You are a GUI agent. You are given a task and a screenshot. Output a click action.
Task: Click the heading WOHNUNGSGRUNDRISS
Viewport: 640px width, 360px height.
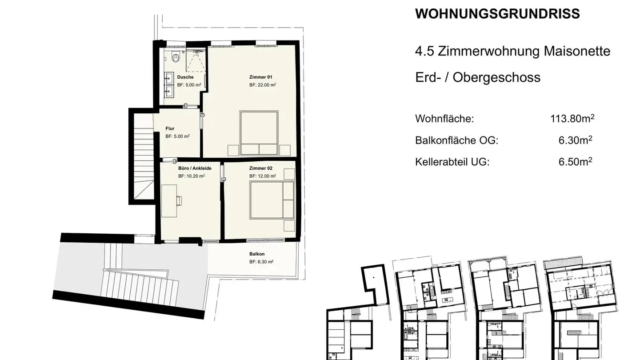click(x=497, y=14)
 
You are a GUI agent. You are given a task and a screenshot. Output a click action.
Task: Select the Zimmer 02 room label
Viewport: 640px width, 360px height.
click(x=260, y=168)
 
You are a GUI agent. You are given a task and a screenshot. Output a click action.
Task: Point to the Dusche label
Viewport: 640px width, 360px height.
click(x=185, y=77)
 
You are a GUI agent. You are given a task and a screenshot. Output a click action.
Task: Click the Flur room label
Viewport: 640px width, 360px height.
click(x=170, y=129)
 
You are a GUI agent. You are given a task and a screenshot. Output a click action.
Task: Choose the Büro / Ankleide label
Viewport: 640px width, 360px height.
click(x=195, y=168)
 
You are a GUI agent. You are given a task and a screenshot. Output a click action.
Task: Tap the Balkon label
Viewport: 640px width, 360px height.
click(x=257, y=254)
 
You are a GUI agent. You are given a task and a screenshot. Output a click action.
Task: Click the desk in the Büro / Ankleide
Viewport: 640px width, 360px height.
click(x=168, y=201)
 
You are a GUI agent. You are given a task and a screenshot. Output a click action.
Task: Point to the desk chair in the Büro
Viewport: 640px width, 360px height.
click(x=180, y=201)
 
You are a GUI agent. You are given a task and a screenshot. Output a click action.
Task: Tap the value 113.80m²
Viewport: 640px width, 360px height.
click(x=572, y=119)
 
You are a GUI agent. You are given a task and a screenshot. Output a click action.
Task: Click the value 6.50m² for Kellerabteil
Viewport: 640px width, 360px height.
click(x=575, y=161)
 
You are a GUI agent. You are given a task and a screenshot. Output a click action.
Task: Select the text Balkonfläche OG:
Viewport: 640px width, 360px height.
click(x=457, y=140)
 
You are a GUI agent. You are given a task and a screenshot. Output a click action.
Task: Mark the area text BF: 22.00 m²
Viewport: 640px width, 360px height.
click(x=263, y=84)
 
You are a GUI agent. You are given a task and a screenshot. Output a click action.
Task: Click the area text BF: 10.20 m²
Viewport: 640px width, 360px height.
click(x=191, y=176)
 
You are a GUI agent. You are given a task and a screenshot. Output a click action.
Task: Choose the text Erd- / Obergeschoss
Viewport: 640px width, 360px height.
click(x=478, y=77)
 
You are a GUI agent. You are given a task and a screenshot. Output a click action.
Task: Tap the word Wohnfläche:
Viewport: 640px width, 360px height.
click(x=444, y=119)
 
